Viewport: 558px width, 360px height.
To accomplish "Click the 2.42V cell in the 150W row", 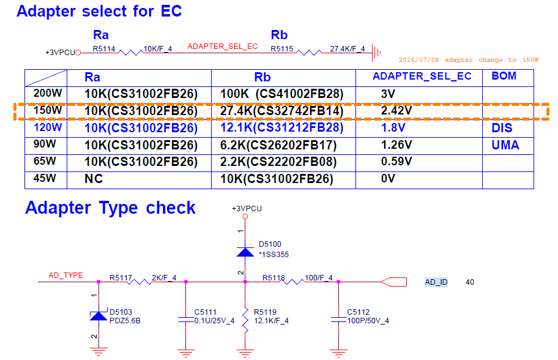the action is pyautogui.click(x=396, y=111).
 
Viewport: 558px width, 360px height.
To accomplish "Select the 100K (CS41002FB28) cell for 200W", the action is pyautogui.click(x=281, y=94).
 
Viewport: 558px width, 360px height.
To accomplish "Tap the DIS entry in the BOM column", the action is pyautogui.click(x=502, y=128).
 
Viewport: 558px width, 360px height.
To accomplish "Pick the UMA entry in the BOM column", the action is pyautogui.click(x=505, y=145).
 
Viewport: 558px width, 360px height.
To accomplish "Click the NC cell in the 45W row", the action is pyautogui.click(x=94, y=179).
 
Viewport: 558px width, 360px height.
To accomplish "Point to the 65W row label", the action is pyautogui.click(x=45, y=161).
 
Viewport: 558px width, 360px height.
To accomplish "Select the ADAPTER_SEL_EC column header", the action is pyautogui.click(x=422, y=76).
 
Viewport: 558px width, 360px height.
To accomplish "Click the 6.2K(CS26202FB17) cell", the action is pyautogui.click(x=278, y=145).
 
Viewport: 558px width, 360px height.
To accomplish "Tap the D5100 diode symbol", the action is pyautogui.click(x=245, y=252).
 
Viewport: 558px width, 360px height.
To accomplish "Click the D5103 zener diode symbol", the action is pyautogui.click(x=99, y=315).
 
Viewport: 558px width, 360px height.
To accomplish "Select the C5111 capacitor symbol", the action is pyautogui.click(x=185, y=320).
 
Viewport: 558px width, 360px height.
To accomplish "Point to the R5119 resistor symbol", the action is pyautogui.click(x=245, y=320).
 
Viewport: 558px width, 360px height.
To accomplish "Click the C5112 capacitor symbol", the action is pyautogui.click(x=338, y=320).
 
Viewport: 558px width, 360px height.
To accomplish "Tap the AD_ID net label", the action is pyautogui.click(x=436, y=282).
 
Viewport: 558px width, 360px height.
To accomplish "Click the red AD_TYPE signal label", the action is pyautogui.click(x=65, y=276).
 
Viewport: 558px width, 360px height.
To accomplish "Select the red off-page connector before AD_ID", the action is pyautogui.click(x=393, y=282).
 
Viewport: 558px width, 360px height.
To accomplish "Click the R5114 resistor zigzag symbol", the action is pyautogui.click(x=130, y=53).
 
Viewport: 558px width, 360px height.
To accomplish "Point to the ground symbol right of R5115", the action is pyautogui.click(x=376, y=53).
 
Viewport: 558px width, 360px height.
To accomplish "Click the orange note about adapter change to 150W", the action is pyautogui.click(x=468, y=60).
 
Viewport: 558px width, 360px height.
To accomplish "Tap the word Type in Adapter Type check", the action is pyautogui.click(x=118, y=208).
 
